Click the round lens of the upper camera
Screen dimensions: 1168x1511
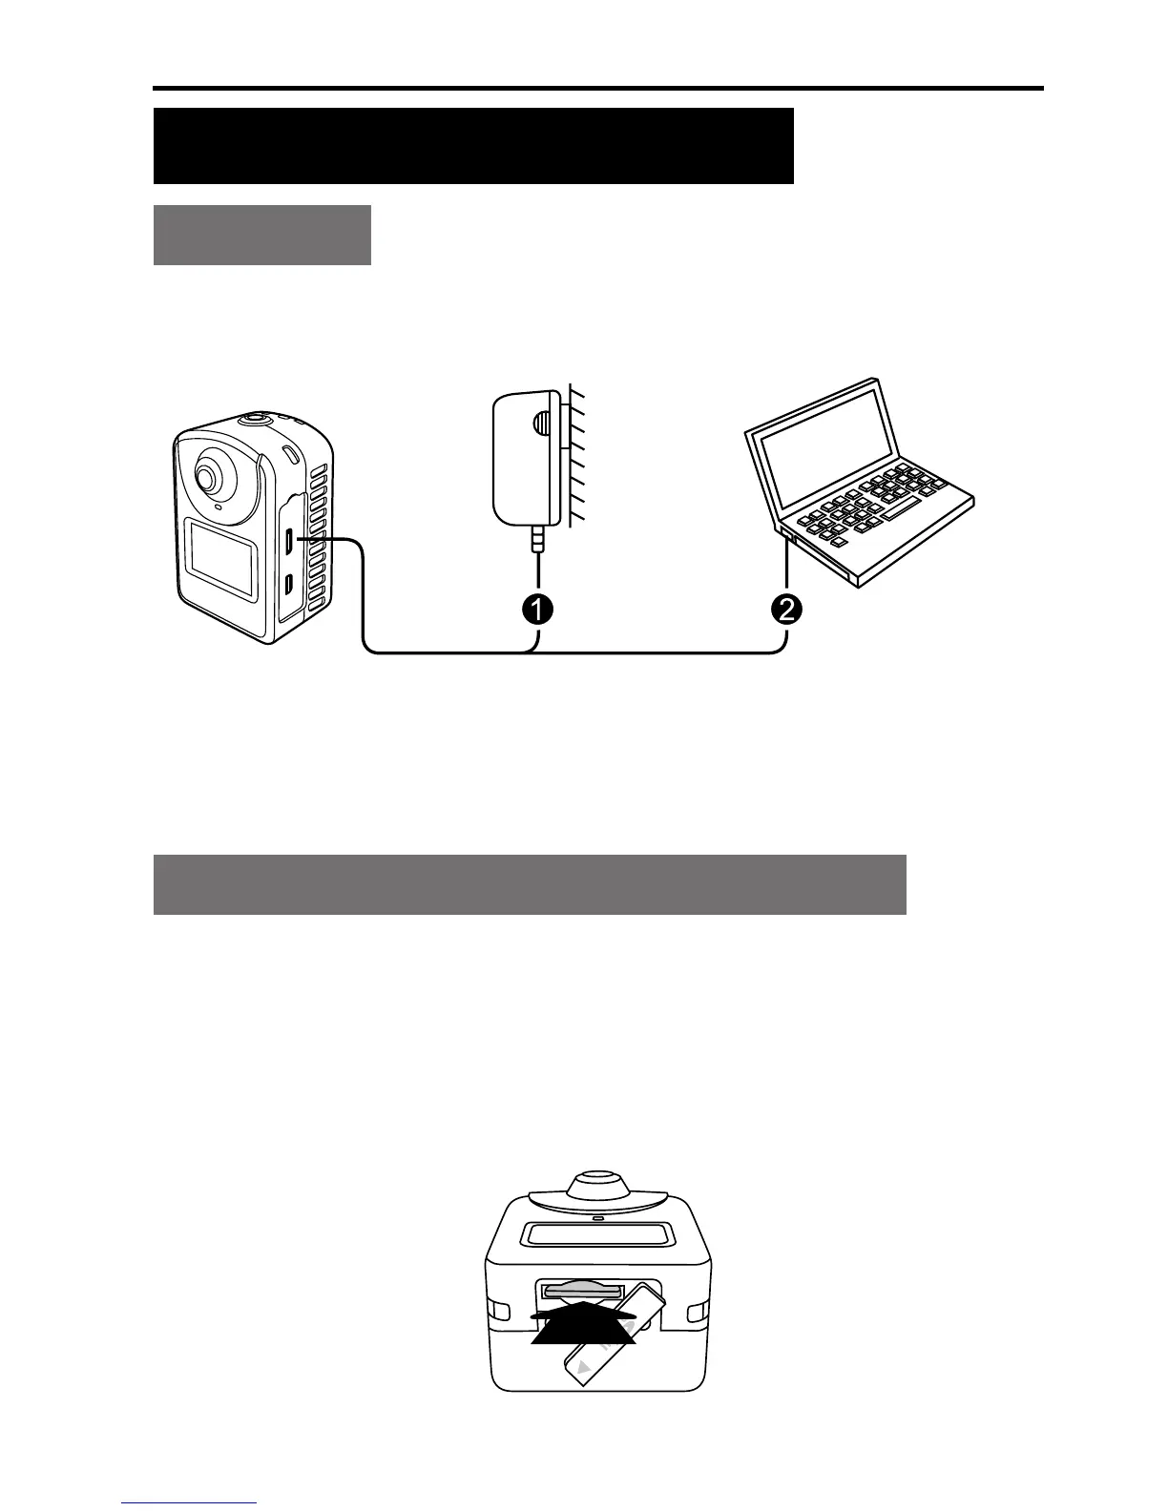(207, 477)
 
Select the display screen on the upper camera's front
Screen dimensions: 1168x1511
(220, 558)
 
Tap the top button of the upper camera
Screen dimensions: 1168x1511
(255, 418)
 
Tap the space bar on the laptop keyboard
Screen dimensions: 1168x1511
(900, 509)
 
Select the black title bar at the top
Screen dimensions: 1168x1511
(473, 146)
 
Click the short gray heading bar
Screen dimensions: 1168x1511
(261, 235)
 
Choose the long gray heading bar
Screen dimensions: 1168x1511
(529, 884)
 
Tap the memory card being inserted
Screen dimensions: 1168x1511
(612, 1336)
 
